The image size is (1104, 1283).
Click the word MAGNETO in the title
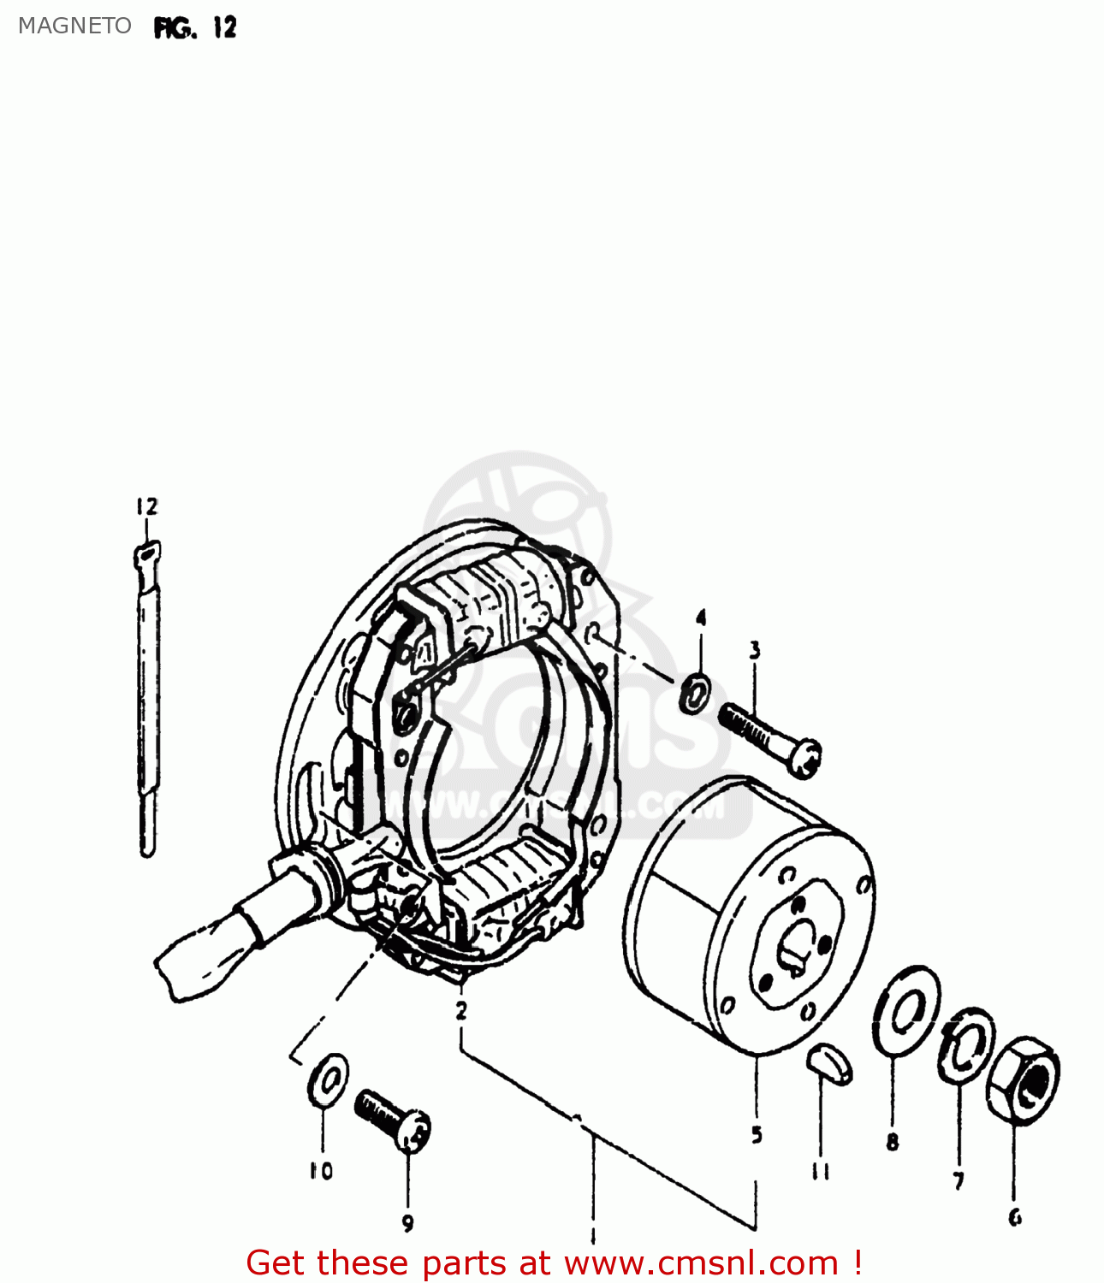(x=74, y=26)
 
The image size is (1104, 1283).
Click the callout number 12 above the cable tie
(x=146, y=506)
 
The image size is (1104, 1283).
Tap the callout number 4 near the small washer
(x=701, y=618)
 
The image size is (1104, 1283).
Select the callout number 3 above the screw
(x=754, y=650)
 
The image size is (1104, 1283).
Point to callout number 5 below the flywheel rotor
(x=757, y=1135)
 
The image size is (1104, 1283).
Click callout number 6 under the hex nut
(x=1015, y=1217)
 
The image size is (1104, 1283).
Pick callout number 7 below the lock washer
(x=959, y=1181)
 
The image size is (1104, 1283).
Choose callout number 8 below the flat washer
(x=893, y=1141)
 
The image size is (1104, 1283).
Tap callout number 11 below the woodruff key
(x=821, y=1172)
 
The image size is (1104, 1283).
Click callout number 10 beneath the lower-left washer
(x=321, y=1171)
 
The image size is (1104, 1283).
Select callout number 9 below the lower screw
(x=407, y=1223)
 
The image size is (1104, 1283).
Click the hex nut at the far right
(x=1024, y=1079)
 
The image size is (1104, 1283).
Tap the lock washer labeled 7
(x=967, y=1044)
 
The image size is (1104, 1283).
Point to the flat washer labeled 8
(x=905, y=1010)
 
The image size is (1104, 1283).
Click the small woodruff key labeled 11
(x=829, y=1062)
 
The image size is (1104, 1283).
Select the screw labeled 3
(x=769, y=736)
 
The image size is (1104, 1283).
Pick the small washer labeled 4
(x=695, y=693)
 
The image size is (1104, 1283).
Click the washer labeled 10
(x=328, y=1079)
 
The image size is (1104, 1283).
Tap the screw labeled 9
(x=393, y=1119)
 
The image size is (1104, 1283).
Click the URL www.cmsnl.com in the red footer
(x=701, y=1262)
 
